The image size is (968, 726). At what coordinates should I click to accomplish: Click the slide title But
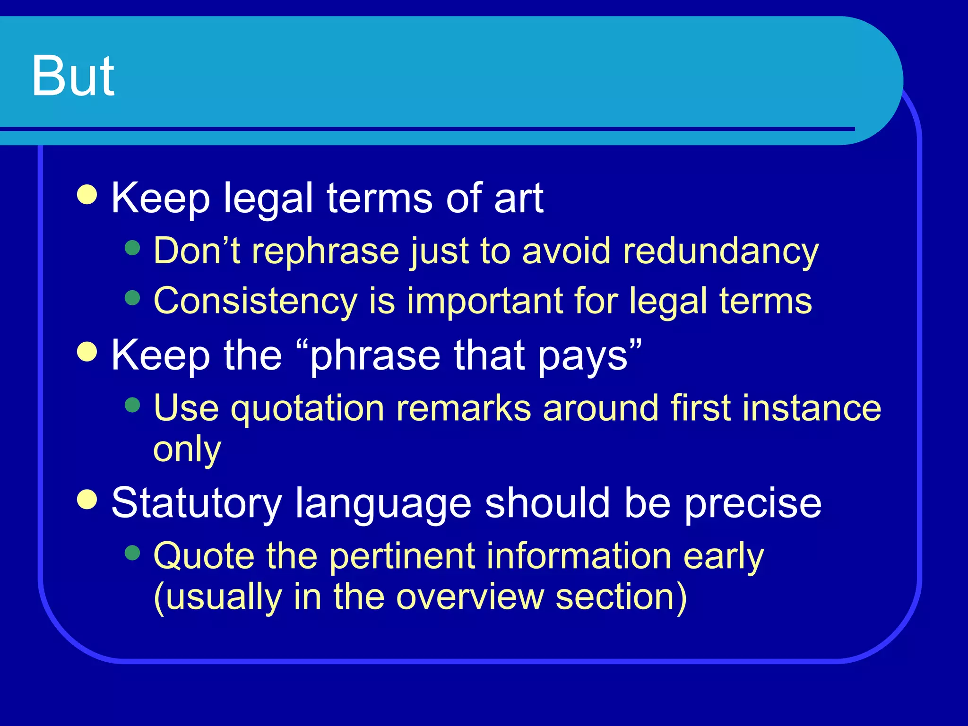coord(73,76)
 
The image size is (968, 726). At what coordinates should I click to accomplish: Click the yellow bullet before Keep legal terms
coord(87,194)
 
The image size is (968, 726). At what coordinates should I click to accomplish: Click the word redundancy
coord(720,251)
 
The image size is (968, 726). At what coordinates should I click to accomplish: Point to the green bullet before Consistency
coord(133,298)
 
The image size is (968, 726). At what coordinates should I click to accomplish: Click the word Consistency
coord(255,302)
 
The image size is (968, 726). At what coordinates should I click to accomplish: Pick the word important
coord(484,302)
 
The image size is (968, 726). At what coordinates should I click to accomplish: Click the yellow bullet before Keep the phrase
coord(87,351)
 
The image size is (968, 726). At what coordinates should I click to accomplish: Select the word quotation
coord(307,408)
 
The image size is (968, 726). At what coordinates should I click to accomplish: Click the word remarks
coord(463,408)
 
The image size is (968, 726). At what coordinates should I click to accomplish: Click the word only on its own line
coord(187,449)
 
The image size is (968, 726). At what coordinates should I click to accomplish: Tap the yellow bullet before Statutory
coord(87,499)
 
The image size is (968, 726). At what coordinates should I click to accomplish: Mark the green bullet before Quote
coord(133,553)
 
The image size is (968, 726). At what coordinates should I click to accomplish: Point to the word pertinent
coord(402,557)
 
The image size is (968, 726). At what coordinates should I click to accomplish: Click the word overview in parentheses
coord(470,597)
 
